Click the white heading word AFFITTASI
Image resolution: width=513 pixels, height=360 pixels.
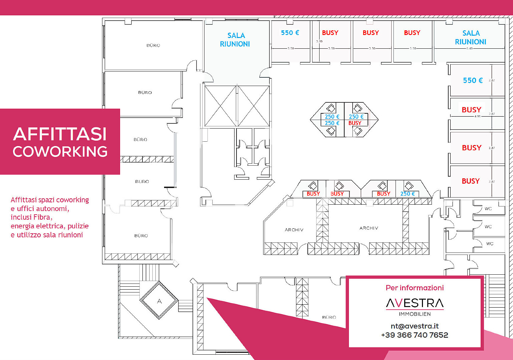(60, 134)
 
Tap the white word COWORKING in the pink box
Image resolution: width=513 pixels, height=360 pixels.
(60, 152)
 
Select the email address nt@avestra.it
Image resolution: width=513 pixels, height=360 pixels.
(415, 326)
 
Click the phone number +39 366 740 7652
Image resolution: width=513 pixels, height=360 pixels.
(415, 335)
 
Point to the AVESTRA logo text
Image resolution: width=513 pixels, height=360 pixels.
(415, 303)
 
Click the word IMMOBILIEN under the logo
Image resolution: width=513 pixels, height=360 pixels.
(415, 314)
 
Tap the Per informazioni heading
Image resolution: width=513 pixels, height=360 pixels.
(415, 288)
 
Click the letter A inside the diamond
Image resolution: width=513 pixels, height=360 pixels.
(159, 301)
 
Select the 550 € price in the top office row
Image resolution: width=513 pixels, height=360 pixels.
(290, 33)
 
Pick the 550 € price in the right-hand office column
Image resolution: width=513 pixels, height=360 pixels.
(473, 80)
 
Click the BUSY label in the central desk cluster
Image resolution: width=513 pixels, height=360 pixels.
(355, 123)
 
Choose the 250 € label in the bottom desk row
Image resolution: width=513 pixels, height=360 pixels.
(408, 194)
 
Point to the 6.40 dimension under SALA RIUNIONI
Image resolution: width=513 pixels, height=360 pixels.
(469, 48)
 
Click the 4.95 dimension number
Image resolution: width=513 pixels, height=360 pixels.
(477, 116)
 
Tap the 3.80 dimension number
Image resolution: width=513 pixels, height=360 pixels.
(319, 41)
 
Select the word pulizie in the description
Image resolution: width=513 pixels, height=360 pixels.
(78, 226)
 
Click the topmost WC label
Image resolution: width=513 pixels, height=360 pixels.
(488, 209)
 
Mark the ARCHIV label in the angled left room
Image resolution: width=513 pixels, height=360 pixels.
(294, 230)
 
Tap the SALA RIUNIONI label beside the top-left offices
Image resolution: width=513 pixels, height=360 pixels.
(235, 40)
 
